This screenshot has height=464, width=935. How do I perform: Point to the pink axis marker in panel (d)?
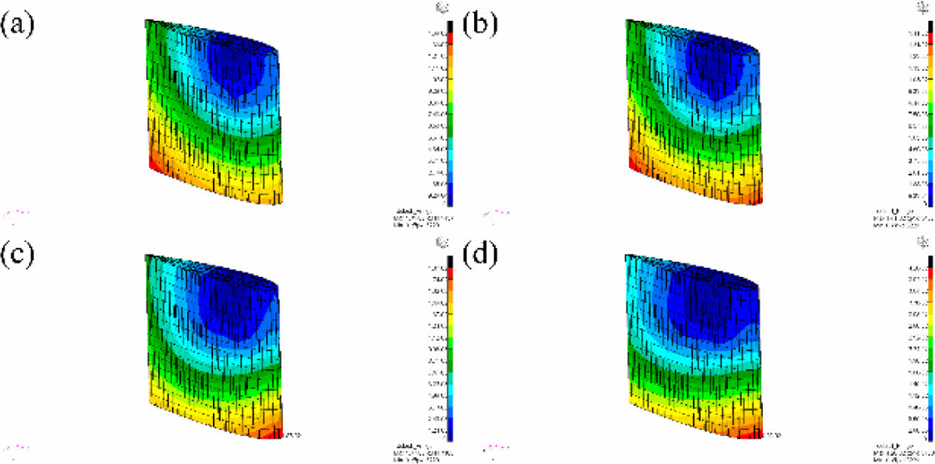pyautogui.click(x=496, y=447)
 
